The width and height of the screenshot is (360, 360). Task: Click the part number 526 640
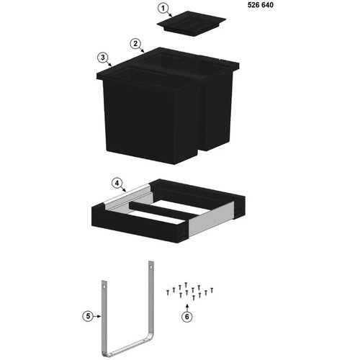(x=261, y=5)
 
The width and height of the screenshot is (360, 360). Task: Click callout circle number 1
(x=163, y=9)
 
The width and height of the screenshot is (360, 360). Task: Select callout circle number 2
(x=135, y=44)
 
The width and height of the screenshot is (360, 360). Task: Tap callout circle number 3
(x=103, y=58)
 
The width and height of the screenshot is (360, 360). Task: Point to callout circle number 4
(x=117, y=184)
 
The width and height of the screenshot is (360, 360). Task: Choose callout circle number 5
(x=88, y=316)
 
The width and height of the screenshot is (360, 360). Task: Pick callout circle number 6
(x=187, y=317)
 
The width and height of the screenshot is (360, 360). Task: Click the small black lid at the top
(x=192, y=24)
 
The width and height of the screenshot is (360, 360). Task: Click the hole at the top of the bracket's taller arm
(x=150, y=266)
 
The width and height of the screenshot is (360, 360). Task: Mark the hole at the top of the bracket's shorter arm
(x=104, y=287)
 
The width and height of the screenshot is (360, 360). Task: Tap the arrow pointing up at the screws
(x=187, y=307)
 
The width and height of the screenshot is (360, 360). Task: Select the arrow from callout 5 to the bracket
(x=97, y=316)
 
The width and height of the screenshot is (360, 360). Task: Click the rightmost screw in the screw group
(x=212, y=290)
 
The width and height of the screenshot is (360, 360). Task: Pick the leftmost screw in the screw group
(x=168, y=292)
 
